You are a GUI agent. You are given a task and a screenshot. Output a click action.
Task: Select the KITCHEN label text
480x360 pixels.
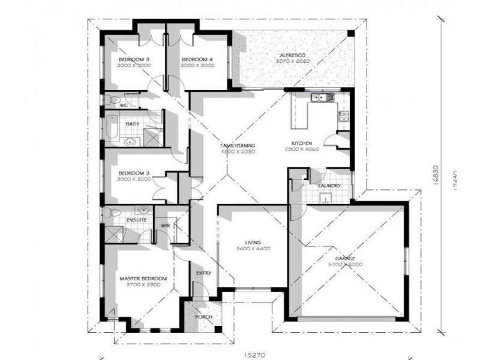pos(301,143)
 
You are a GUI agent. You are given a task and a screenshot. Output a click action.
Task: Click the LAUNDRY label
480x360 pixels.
pos(330,186)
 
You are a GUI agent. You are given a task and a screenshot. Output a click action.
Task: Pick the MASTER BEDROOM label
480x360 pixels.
pos(143,279)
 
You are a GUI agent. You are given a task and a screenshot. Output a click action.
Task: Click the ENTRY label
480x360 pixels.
pos(203,274)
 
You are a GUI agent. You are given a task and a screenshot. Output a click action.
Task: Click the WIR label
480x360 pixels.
pos(166,226)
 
